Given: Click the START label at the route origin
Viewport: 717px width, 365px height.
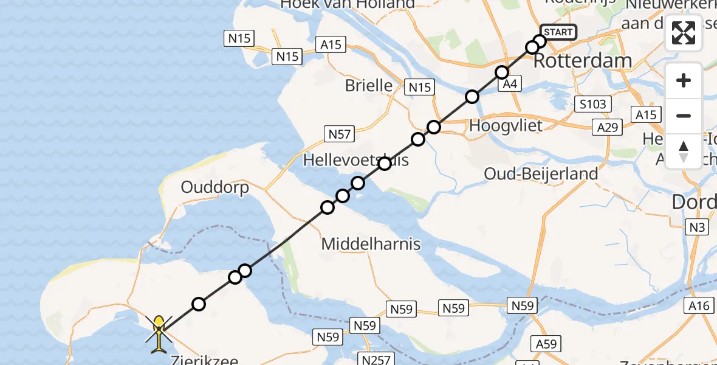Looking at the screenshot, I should click(x=557, y=32).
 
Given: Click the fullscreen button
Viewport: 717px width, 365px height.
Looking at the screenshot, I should click(x=684, y=33).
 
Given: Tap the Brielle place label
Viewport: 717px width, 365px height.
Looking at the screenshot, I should click(x=369, y=85).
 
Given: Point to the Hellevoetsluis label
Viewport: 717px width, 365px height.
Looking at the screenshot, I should click(x=355, y=160).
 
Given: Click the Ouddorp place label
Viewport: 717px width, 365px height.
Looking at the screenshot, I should click(x=215, y=187).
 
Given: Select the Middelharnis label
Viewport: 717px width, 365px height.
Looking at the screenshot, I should click(x=371, y=245).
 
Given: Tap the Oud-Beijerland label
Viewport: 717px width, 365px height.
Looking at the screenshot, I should click(x=541, y=174).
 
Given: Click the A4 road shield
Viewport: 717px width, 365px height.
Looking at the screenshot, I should click(x=509, y=85).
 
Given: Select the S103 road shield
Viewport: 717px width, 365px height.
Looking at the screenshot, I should click(x=592, y=104).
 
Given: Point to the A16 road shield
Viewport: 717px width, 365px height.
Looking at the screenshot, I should click(x=699, y=305).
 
